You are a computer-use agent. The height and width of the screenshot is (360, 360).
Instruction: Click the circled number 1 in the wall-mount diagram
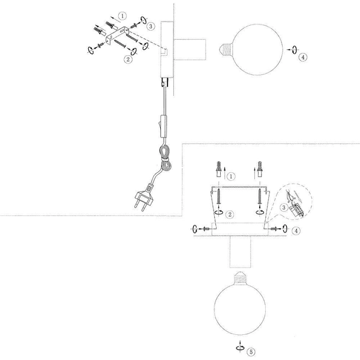[x=122, y=16]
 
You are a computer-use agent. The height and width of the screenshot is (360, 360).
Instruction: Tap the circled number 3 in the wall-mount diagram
[x=151, y=26]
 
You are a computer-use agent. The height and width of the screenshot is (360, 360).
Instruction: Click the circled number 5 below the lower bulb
[x=251, y=352]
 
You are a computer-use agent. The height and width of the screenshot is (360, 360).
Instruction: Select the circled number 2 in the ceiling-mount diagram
[x=231, y=213]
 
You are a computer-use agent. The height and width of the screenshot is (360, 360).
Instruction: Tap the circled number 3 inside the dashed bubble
[x=284, y=208]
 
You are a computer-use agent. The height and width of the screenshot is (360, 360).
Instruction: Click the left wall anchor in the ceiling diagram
[x=218, y=167]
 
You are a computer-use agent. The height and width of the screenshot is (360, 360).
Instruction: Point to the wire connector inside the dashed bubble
[x=295, y=206]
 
